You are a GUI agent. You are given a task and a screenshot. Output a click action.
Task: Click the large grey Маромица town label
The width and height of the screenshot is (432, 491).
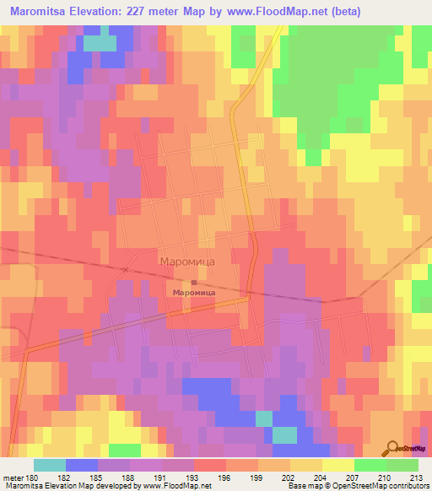tap(187, 262)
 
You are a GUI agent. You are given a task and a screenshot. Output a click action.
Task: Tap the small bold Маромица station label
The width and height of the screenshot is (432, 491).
tap(194, 292)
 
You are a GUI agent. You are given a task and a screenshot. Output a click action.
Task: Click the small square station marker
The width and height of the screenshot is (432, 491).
tap(193, 283)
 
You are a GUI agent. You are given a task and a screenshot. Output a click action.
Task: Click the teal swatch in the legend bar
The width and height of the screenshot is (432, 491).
tap(50, 465)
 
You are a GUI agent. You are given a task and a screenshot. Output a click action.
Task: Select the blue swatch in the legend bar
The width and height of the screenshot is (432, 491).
tap(82, 465)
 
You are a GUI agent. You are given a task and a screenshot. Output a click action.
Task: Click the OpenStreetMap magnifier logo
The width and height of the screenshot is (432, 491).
tap(391, 448)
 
